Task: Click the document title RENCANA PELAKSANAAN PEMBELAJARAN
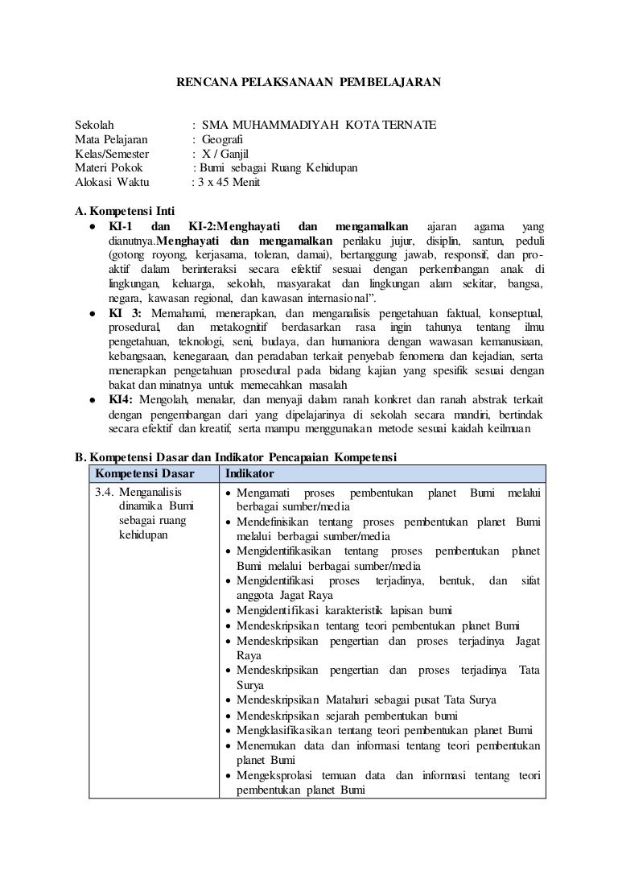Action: pyautogui.click(x=309, y=82)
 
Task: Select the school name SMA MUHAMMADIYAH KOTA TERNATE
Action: pyautogui.click(x=319, y=125)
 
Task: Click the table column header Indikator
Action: pyautogui.click(x=249, y=473)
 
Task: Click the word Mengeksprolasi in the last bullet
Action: pyautogui.click(x=276, y=775)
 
